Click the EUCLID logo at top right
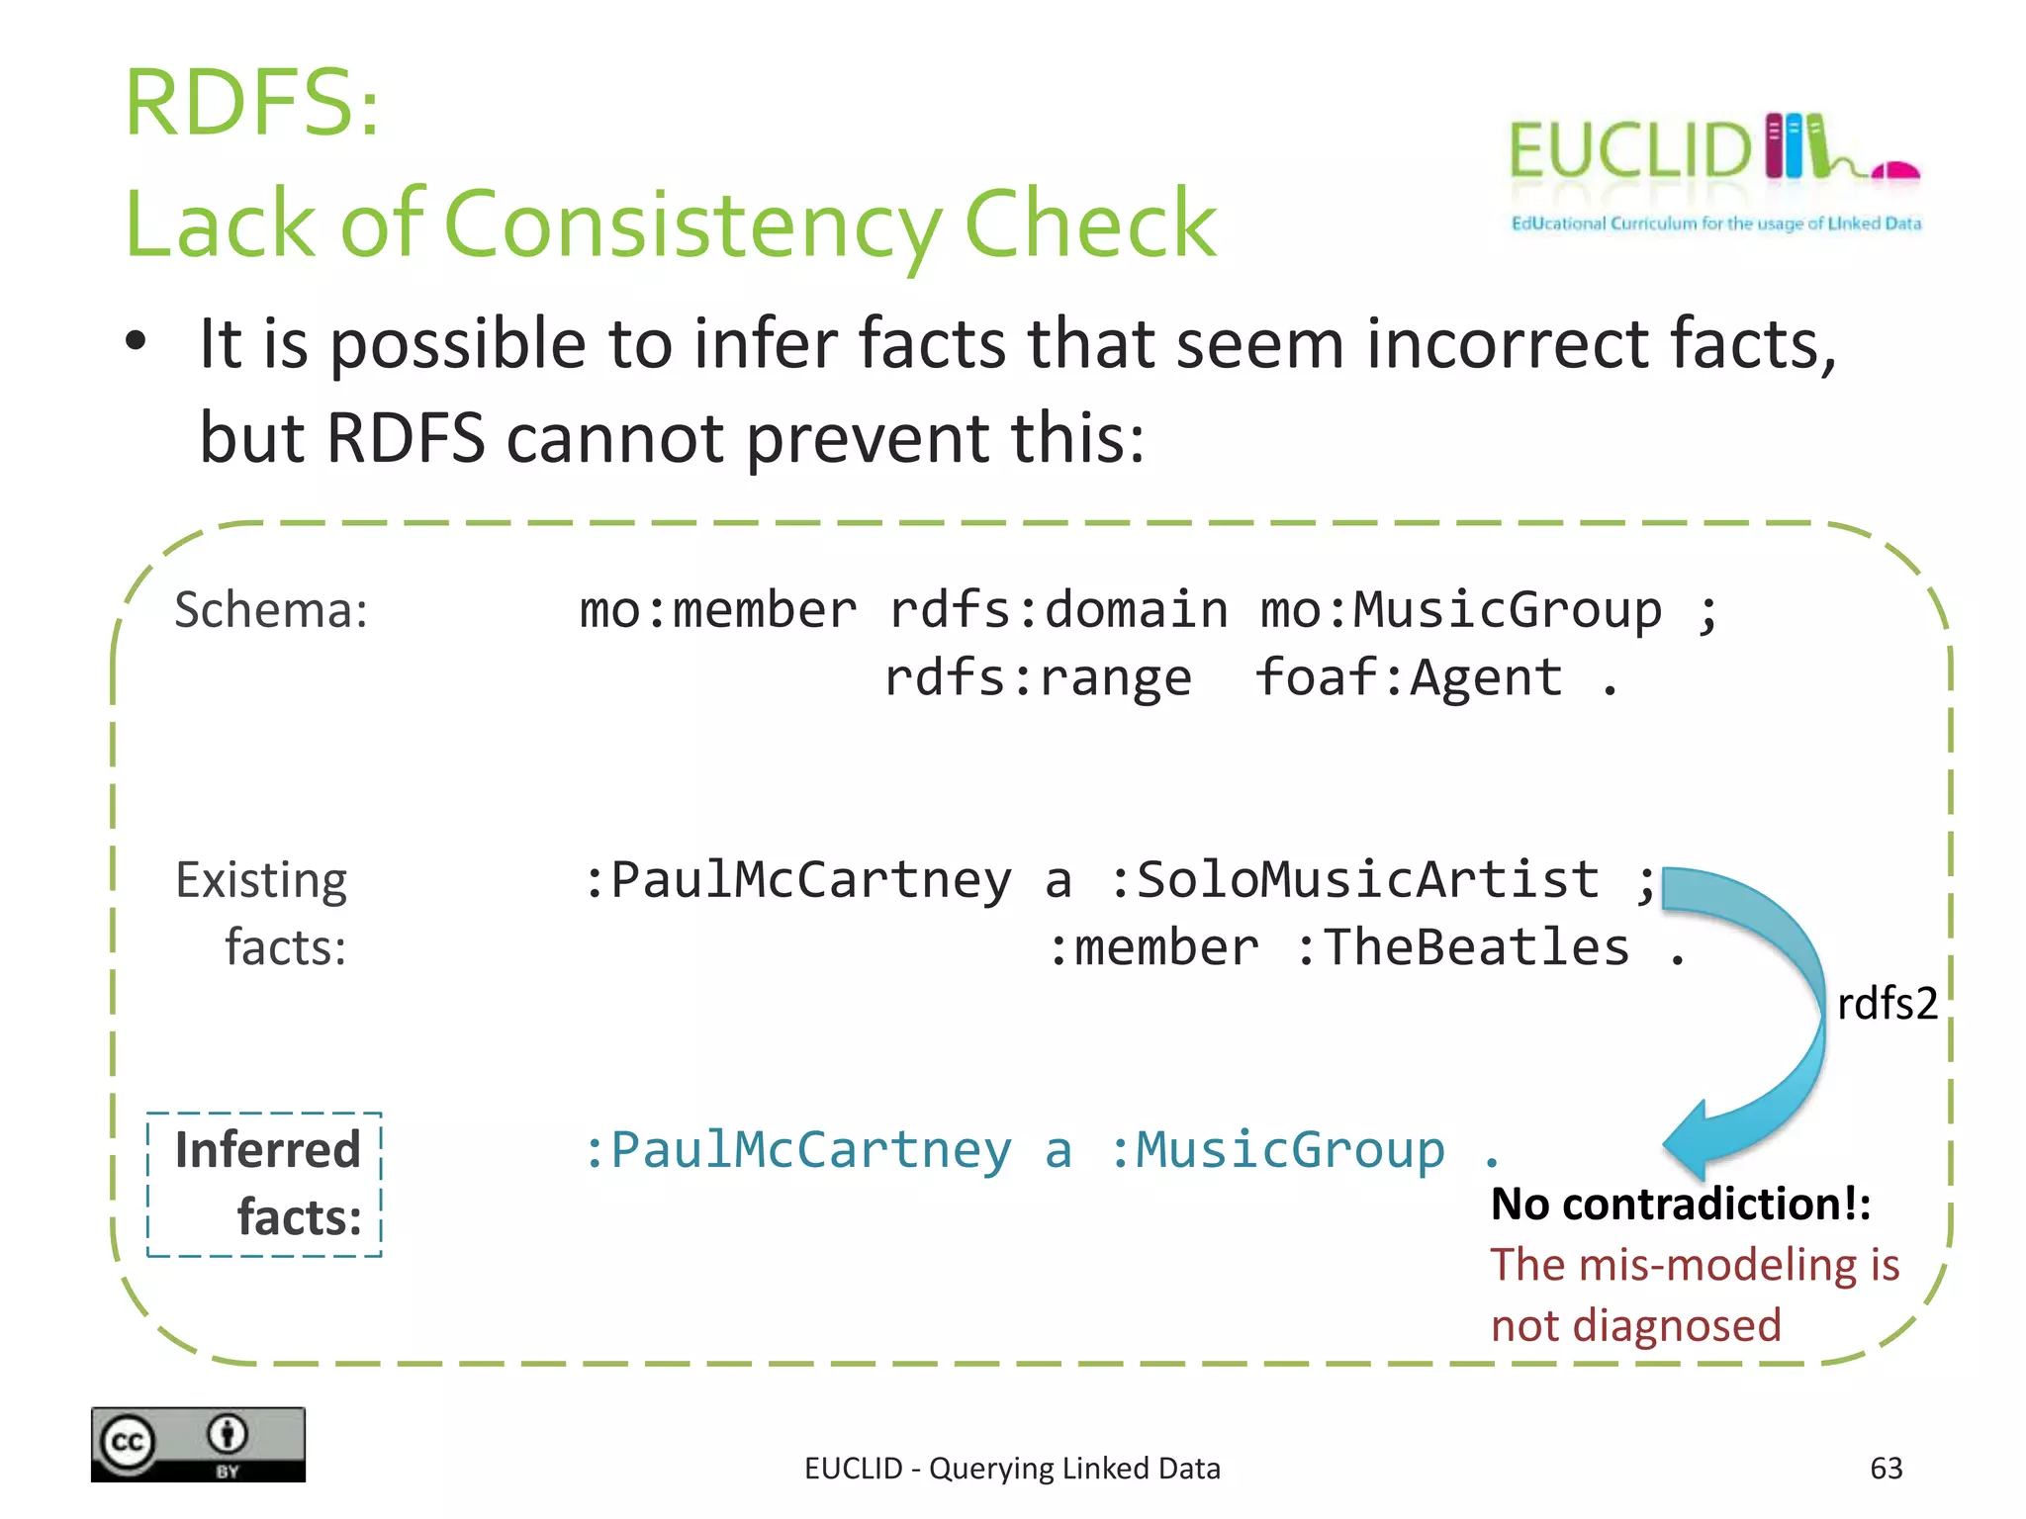(1713, 170)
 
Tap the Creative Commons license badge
(198, 1444)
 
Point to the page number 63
(1886, 1469)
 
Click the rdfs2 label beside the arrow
(1886, 1004)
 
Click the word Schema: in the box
(271, 610)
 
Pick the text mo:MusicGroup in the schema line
(1460, 610)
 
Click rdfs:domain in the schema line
(1059, 610)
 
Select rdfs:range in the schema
(1038, 678)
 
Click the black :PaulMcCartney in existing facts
(797, 879)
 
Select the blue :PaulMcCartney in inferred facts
(797, 1150)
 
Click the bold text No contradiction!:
(1680, 1205)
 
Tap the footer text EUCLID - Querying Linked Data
(1012, 1469)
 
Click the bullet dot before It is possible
(136, 342)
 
